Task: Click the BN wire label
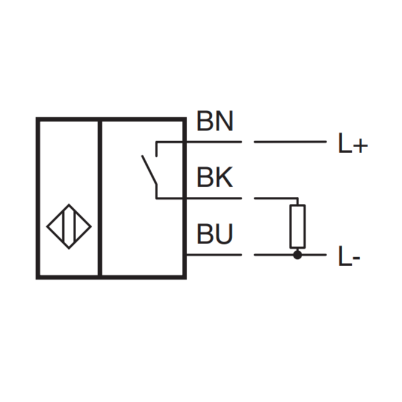215,122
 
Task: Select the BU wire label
215,235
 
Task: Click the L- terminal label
349,258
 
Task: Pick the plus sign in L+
359,145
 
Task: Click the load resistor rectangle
297,226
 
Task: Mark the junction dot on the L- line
297,255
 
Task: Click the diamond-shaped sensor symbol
69,226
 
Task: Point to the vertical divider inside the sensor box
99,198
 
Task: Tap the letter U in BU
224,235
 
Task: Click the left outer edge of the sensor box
38,198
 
